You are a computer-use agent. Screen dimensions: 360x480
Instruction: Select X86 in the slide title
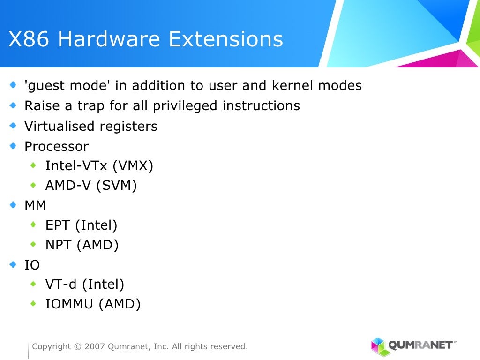click(29, 39)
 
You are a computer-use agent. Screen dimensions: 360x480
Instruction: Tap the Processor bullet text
click(56, 146)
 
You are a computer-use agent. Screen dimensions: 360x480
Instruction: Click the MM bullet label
click(35, 205)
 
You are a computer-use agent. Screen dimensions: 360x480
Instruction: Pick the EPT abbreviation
click(58, 225)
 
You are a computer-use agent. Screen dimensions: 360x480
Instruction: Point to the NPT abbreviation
click(58, 245)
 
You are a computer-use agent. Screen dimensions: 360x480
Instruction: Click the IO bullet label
click(32, 265)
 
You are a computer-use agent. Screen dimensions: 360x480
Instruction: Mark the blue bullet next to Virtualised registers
click(13, 126)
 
